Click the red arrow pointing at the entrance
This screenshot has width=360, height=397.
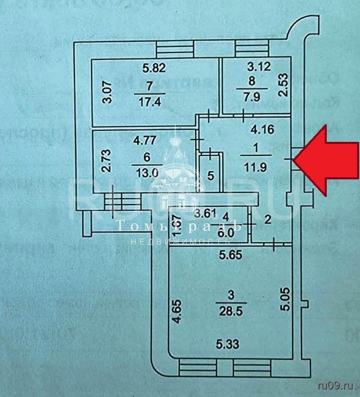[x=328, y=160]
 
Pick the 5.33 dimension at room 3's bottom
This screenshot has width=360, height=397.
[x=228, y=345]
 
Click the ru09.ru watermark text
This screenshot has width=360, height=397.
[x=336, y=384]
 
